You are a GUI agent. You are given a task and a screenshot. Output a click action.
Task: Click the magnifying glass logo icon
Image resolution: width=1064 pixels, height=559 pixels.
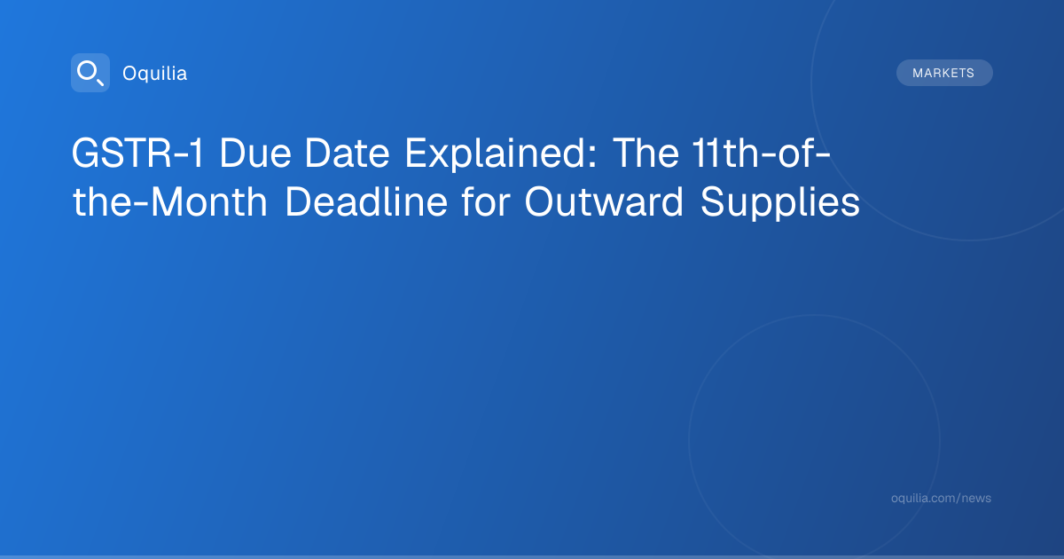point(90,73)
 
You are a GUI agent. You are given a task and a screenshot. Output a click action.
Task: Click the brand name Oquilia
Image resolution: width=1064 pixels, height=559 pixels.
point(155,73)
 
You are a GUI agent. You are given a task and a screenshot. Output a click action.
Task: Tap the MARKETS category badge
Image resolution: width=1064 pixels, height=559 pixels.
point(944,73)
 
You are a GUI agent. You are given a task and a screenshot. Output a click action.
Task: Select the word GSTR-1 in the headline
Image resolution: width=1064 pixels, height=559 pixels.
point(137,153)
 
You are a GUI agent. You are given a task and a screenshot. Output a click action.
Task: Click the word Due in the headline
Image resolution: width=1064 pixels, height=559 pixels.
point(255,153)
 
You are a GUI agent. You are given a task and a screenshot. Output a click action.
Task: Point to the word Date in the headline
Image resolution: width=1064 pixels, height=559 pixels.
point(348,153)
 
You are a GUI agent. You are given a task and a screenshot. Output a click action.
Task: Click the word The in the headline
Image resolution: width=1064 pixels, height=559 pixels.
point(646,153)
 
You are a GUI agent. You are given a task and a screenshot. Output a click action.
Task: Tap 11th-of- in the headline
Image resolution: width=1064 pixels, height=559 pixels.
point(761,153)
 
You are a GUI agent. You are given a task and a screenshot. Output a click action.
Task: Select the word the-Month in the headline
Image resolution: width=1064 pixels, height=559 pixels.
point(170,201)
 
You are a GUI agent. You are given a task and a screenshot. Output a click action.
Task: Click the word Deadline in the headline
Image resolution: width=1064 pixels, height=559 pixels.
point(366,201)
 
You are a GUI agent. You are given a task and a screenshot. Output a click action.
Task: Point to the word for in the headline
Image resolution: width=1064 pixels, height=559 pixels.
point(486,201)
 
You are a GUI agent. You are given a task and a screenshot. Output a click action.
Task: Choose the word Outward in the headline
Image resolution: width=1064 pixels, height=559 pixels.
point(604,201)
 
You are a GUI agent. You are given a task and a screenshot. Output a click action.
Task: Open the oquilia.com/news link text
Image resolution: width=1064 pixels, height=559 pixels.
point(941,498)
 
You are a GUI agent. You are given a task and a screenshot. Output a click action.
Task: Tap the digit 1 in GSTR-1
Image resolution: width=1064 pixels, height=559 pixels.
point(197,153)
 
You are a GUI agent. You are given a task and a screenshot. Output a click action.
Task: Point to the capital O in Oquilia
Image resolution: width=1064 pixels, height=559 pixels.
point(129,73)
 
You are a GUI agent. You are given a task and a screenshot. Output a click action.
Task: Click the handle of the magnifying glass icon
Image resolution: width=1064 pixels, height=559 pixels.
point(100,83)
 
